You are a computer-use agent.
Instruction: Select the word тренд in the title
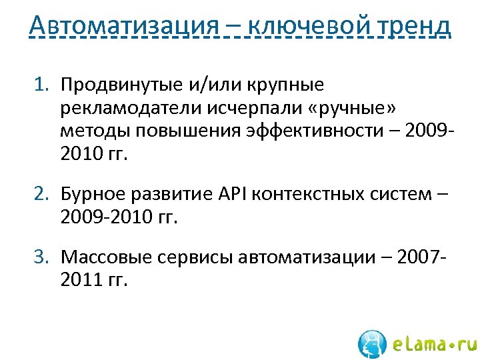click(x=413, y=26)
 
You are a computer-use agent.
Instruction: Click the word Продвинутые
click(x=119, y=85)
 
